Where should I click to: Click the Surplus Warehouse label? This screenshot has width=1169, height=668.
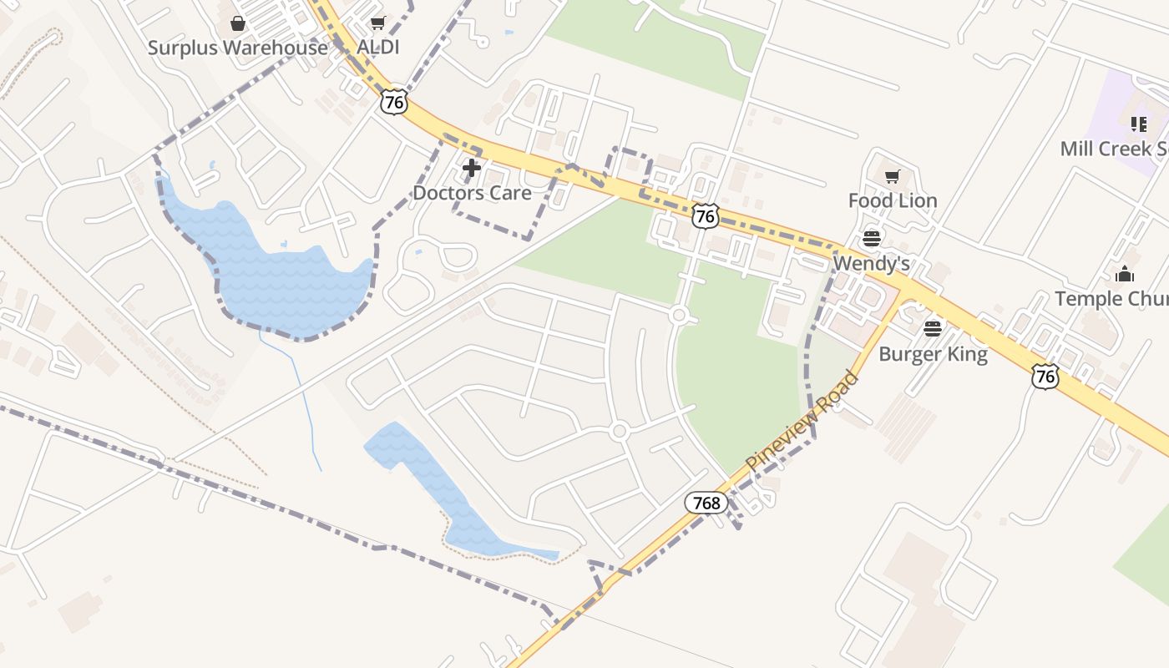pos(238,48)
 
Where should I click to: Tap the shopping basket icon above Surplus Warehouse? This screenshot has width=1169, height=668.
pos(238,23)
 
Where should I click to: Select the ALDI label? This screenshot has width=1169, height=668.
pos(377,48)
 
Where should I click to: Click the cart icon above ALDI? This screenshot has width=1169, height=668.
pos(378,23)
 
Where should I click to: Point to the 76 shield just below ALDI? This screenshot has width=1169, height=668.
pos(394,103)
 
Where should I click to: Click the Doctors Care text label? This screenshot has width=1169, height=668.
pos(472,193)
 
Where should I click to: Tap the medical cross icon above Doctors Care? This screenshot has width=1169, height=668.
pos(472,169)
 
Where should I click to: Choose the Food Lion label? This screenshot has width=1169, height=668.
pos(893,200)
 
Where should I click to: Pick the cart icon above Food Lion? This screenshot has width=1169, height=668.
pos(893,176)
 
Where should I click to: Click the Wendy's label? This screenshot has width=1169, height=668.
pos(871,264)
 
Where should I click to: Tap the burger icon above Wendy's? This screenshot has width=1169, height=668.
pos(872,238)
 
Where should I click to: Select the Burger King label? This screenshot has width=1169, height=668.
pos(933,354)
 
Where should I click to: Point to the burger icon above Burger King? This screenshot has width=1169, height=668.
pos(933,329)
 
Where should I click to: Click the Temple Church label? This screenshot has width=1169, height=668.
pos(1111,299)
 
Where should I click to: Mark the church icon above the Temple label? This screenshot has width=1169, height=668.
pos(1125,274)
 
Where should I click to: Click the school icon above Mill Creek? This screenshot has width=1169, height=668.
pos(1139,124)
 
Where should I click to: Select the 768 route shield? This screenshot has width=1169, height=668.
pos(706,503)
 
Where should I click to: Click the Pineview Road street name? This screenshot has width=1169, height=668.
pos(802,421)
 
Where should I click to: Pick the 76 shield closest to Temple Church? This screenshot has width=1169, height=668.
pos(1045,377)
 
